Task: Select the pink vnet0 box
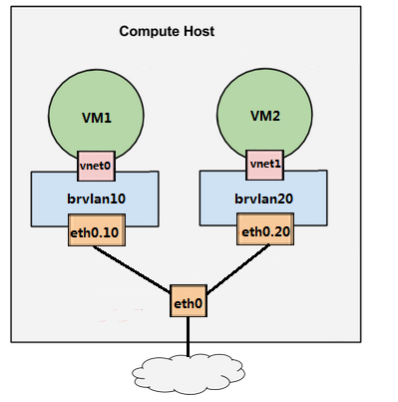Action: point(97,162)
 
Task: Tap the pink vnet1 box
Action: point(264,162)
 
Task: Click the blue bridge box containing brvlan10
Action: point(50,200)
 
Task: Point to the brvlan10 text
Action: point(96,199)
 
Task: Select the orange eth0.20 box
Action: point(264,233)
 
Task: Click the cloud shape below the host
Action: point(187,371)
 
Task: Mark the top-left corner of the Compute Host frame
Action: point(11,7)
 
